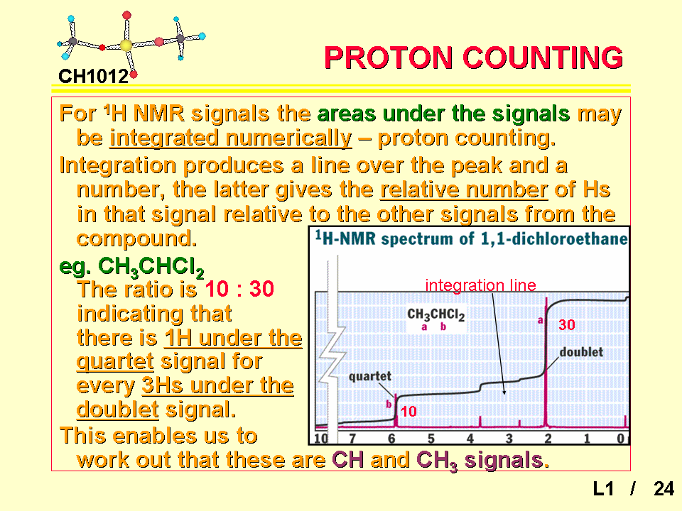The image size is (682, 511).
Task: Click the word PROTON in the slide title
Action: pyautogui.click(x=389, y=57)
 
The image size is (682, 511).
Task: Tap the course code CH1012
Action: pyautogui.click(x=94, y=77)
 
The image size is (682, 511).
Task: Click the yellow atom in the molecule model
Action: pyautogui.click(x=126, y=45)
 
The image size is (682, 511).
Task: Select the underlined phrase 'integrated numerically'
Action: pyautogui.click(x=230, y=138)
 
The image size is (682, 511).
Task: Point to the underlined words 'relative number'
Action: pyautogui.click(x=464, y=189)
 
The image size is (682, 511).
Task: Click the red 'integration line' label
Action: pyautogui.click(x=481, y=285)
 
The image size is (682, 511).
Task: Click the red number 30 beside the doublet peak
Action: pyautogui.click(x=567, y=324)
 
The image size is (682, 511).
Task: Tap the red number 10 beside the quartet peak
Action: pyautogui.click(x=408, y=412)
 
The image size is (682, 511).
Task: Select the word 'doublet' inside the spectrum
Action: pyautogui.click(x=581, y=352)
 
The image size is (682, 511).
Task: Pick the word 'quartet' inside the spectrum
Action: pyautogui.click(x=369, y=376)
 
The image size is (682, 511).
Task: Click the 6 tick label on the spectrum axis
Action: pyautogui.click(x=391, y=439)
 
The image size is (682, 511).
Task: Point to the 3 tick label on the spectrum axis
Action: pyautogui.click(x=509, y=439)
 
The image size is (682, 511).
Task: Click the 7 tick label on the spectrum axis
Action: pyautogui.click(x=352, y=439)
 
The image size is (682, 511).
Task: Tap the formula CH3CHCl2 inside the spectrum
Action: pyautogui.click(x=435, y=314)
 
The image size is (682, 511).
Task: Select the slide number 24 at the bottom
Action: pyautogui.click(x=664, y=489)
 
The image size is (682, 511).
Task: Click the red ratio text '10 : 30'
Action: pyautogui.click(x=239, y=289)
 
